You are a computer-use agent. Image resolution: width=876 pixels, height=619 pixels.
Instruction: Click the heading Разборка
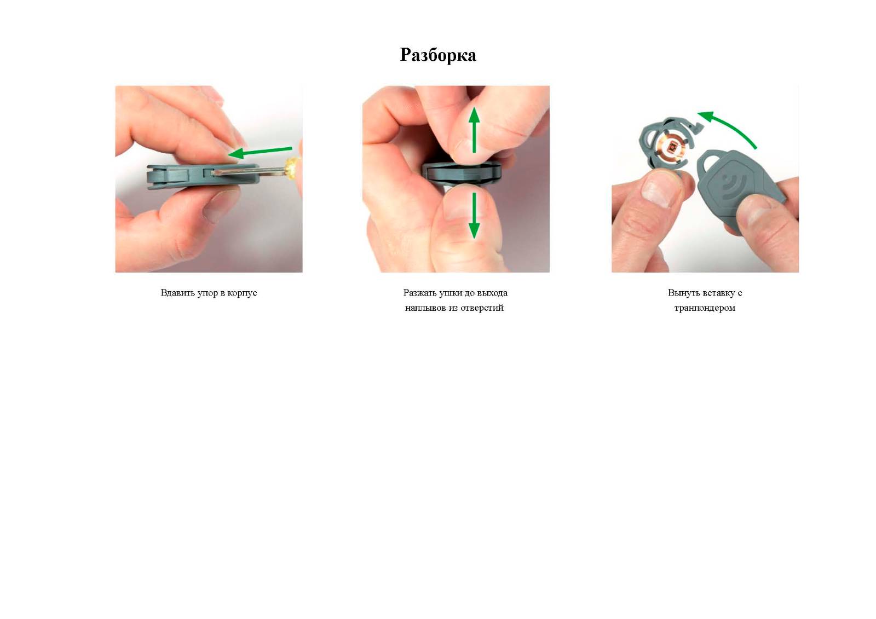438,55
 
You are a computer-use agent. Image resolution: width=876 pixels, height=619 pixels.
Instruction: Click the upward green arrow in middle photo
474,130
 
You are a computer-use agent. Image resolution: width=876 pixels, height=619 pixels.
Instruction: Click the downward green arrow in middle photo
474,215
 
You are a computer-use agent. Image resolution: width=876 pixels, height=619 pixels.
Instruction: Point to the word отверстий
482,308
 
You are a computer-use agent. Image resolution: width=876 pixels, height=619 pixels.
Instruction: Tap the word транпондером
705,308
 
